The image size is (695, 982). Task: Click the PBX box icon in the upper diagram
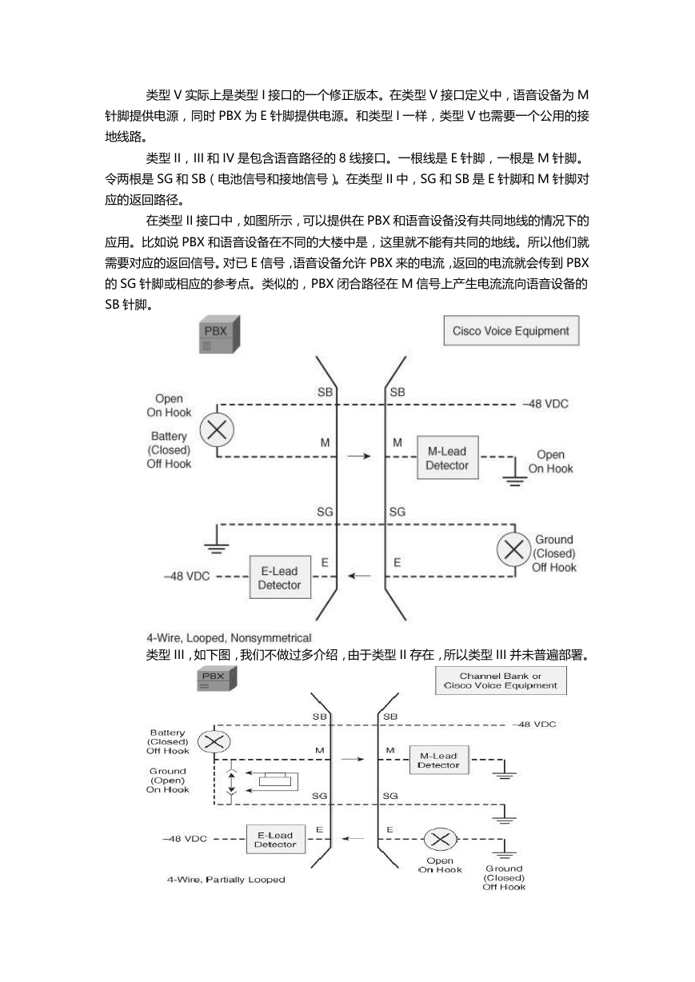(220, 334)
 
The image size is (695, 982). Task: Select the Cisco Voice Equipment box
(511, 330)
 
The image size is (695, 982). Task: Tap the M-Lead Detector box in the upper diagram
(447, 457)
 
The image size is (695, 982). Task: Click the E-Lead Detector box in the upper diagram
(280, 577)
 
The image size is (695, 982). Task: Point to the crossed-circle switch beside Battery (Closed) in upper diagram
(217, 429)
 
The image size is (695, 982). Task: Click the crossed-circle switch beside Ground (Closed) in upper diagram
(514, 549)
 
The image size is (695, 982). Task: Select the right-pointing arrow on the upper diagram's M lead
(359, 457)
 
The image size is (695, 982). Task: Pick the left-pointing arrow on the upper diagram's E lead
(360, 576)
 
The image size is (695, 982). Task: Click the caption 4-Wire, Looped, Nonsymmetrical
(229, 638)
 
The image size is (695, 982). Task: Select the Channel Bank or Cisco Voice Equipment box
(501, 681)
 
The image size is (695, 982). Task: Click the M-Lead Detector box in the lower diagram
(439, 760)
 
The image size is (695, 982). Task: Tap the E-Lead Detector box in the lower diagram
(276, 840)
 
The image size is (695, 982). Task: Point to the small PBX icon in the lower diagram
(217, 679)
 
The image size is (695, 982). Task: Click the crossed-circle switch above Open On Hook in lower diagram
(440, 839)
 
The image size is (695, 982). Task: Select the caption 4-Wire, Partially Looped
(226, 880)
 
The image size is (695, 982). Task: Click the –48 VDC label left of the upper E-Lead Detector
(187, 576)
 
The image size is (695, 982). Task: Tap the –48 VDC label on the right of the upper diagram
(545, 404)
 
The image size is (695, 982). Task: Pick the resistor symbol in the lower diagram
(275, 781)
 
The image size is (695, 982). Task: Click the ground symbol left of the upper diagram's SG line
(217, 539)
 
